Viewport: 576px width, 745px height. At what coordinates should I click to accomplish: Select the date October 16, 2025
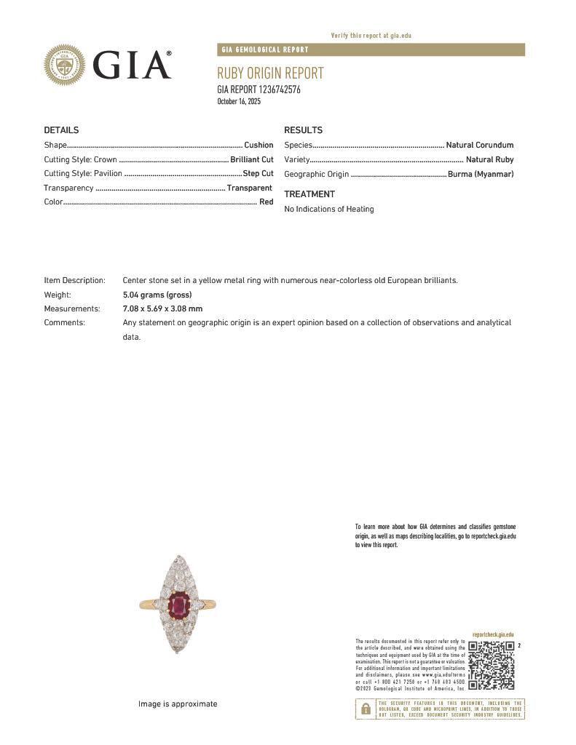239,101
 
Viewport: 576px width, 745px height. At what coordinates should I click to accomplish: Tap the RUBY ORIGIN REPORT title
270,73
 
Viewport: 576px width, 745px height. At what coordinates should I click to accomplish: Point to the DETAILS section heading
61,130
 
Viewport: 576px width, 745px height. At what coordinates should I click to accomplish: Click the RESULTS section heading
303,130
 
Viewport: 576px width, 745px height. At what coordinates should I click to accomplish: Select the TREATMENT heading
309,194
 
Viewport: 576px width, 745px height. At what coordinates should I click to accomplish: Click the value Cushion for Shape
259,146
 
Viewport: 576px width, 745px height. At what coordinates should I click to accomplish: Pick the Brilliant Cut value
251,159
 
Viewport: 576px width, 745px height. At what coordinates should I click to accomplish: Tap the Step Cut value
258,174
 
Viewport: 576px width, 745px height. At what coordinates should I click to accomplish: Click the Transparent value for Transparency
250,188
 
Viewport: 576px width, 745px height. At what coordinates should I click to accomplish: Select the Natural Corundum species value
479,146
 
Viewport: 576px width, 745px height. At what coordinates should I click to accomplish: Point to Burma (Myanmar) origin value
481,174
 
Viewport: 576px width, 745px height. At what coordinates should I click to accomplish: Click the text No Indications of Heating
329,209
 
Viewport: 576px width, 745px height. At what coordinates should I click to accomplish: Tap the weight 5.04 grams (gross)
157,295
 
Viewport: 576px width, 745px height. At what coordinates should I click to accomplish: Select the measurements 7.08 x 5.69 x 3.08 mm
162,308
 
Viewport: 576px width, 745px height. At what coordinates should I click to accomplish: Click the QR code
491,665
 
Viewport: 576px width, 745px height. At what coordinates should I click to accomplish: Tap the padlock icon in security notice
365,709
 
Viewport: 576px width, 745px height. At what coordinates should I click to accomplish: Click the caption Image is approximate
178,704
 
